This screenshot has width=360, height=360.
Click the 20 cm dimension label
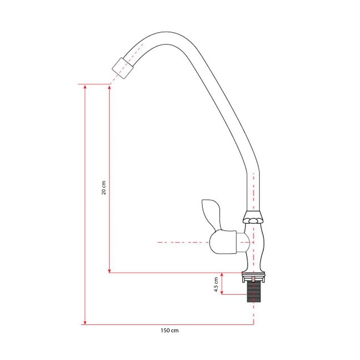coord(104,188)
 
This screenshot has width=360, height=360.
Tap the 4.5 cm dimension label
coord(216,284)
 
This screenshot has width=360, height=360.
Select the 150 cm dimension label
coord(170,330)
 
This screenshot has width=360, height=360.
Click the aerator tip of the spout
coord(123,68)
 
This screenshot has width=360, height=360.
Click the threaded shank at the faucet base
coord(254,292)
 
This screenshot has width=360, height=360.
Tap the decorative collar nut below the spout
coord(253,217)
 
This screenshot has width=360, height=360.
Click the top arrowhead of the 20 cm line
coord(109,88)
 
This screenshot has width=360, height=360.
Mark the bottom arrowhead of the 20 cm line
coord(109,270)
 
